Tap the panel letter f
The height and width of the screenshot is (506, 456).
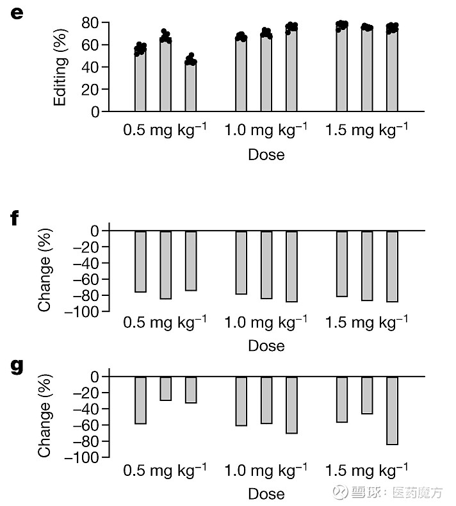(15, 220)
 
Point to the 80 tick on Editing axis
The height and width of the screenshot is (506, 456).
(91, 23)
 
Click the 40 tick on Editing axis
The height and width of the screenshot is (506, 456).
(91, 67)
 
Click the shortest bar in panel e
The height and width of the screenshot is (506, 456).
(190, 86)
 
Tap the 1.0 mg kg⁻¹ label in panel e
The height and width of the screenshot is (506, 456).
(266, 130)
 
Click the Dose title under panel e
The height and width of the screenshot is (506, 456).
(266, 154)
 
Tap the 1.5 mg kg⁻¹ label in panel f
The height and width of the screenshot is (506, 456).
(366, 322)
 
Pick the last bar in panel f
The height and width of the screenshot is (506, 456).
(392, 266)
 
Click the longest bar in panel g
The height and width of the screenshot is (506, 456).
(392, 411)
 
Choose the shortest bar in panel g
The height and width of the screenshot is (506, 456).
(165, 388)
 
